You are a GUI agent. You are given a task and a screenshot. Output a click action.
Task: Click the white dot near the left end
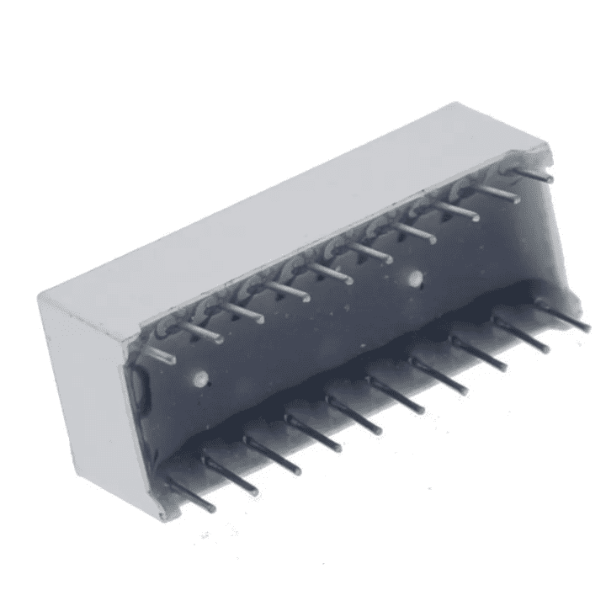(x=199, y=378)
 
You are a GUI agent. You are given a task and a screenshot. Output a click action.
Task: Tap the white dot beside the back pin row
(x=414, y=277)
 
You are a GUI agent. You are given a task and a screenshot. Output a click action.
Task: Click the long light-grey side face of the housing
(x=252, y=219)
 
